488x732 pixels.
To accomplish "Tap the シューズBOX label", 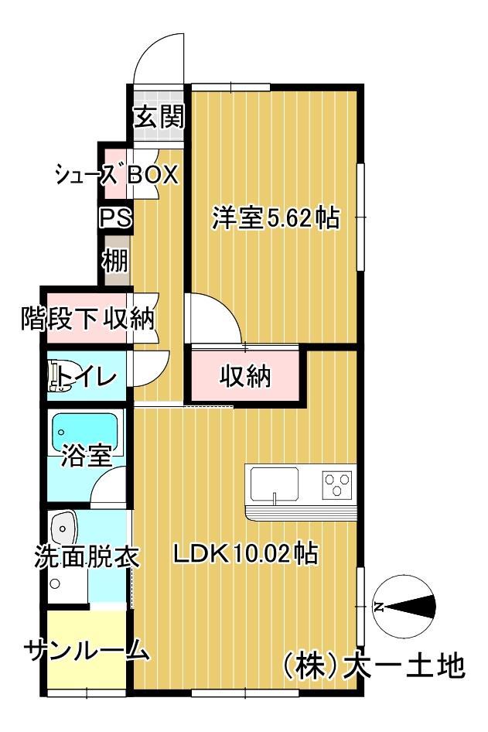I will coord(116,175).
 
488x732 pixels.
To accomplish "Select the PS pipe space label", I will coord(114,218).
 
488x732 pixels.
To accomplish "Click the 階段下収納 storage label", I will coord(87,317).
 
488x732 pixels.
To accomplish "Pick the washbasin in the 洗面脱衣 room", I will coord(64,530).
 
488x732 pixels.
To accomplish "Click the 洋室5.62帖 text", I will coord(276,219).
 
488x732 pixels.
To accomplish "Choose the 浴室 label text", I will coord(87,457).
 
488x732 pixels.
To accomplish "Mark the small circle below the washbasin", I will coord(55,583).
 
